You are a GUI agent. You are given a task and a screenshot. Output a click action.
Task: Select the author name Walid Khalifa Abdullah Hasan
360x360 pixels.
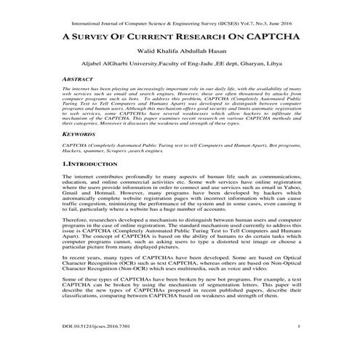(x=180, y=52)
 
